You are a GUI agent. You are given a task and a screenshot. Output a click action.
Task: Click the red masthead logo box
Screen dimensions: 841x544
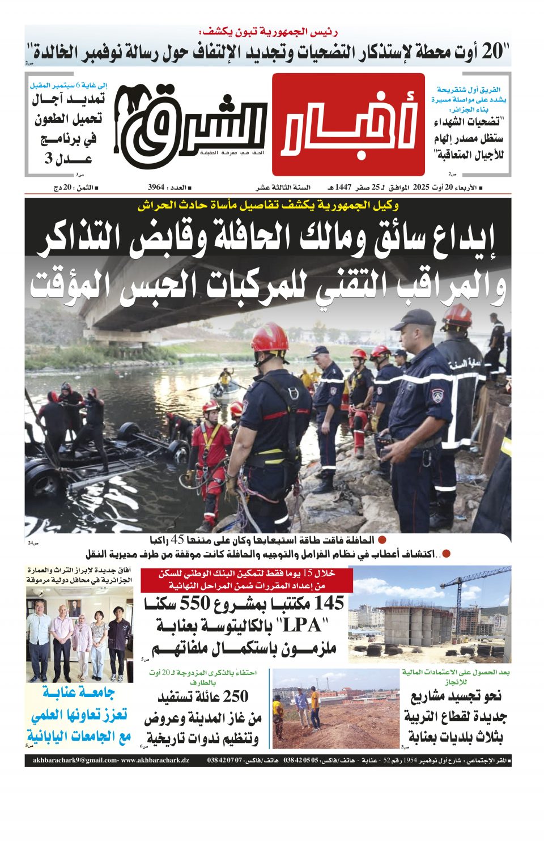click(x=348, y=124)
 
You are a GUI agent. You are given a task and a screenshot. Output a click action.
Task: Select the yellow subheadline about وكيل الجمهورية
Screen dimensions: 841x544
click(x=267, y=205)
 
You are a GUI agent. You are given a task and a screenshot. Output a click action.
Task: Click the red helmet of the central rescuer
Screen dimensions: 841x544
click(x=270, y=338)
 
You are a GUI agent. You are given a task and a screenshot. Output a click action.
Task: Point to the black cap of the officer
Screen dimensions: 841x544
click(x=414, y=318)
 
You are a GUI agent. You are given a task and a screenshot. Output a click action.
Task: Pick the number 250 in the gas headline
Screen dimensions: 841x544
click(x=236, y=696)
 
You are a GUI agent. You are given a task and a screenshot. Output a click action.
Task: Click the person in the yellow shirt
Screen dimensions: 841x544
click(x=313, y=705)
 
